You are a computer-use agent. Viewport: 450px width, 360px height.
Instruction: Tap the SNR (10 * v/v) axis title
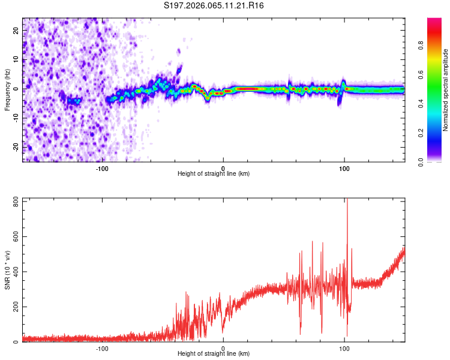click(x=7, y=270)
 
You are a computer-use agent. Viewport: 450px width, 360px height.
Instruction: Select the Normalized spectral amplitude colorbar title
click(x=446, y=90)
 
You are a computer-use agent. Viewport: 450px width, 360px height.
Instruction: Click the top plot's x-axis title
click(x=214, y=173)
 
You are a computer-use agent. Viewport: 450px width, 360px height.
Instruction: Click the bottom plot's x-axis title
click(x=214, y=353)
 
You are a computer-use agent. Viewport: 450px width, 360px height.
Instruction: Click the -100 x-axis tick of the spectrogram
click(x=102, y=167)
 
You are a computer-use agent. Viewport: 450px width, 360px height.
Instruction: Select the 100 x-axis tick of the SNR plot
click(x=344, y=347)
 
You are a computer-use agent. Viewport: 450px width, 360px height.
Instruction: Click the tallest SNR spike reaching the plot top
click(x=347, y=202)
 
